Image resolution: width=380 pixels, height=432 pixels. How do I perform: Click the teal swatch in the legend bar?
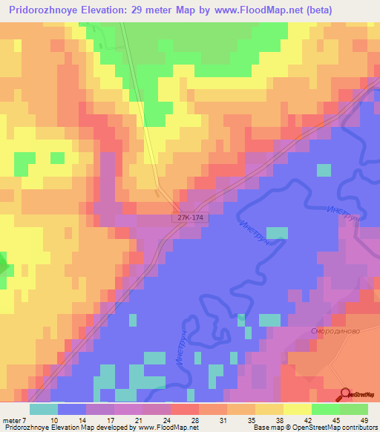click(x=44, y=409)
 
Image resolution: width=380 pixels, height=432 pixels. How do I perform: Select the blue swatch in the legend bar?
click(x=72, y=409)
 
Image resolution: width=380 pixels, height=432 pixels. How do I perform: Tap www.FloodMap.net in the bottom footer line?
click(x=166, y=428)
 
